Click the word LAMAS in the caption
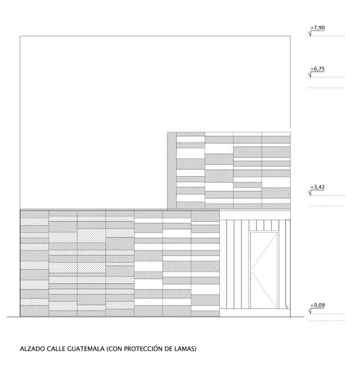(x=186, y=349)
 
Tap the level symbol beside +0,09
(x=310, y=311)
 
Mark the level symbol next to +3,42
(x=310, y=192)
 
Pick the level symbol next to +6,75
(x=310, y=74)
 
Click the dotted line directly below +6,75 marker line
(x=326, y=88)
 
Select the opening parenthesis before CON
(x=107, y=349)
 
